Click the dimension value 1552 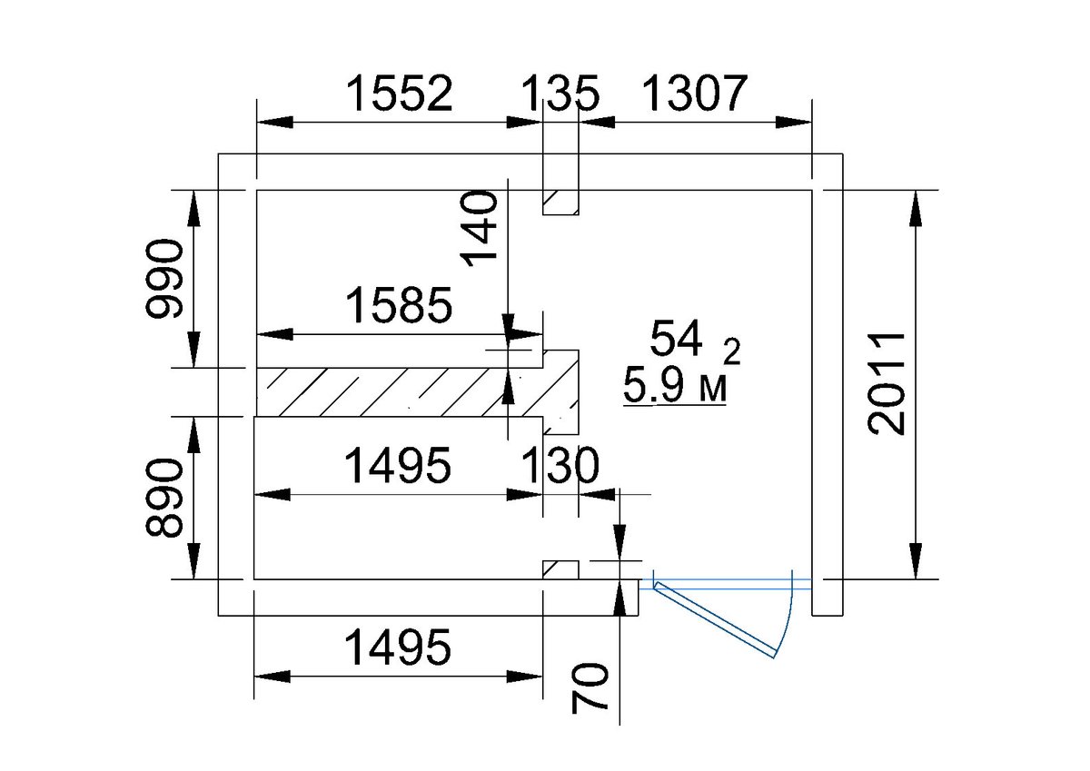coord(400,93)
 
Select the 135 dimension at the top coord(560,93)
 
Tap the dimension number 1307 coord(694,93)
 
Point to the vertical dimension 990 coord(165,278)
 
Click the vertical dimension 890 coord(165,499)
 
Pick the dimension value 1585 coord(399,305)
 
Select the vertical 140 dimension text coord(481,229)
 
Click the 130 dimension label coord(560,466)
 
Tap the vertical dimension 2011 coord(887,384)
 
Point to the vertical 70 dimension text coord(590,687)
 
